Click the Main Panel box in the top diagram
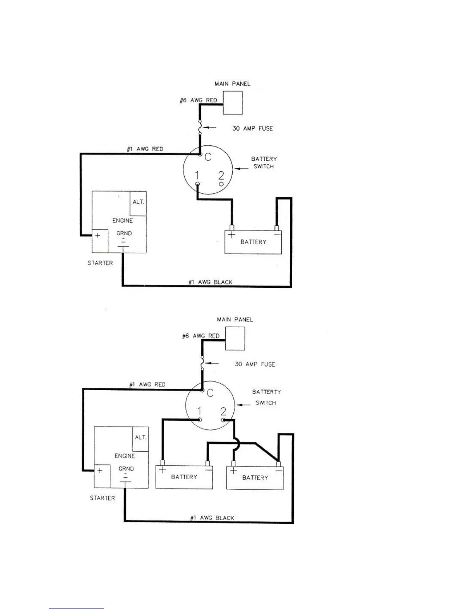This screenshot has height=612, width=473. pos(233,103)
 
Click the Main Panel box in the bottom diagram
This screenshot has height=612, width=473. pos(235,338)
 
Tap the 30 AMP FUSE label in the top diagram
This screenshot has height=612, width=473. pos(252,128)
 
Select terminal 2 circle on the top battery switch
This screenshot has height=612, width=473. pos(221,185)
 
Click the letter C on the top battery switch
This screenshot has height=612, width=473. pos(208,157)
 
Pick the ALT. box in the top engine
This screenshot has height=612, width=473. pos(138,204)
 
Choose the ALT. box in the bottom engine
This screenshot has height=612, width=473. pos(140,439)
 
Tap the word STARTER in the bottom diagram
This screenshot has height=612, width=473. pos(102,498)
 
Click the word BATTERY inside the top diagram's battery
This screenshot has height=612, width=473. pos(253,242)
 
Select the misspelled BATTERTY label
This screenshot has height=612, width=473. pos(266,392)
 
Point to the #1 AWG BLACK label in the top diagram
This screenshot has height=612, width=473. pos(210,282)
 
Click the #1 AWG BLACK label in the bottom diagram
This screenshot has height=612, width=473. pos(212,518)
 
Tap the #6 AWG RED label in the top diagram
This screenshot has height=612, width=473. pos(198,100)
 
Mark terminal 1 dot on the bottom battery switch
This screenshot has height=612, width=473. pos(200,420)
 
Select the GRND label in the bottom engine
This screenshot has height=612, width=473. pos(126,469)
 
